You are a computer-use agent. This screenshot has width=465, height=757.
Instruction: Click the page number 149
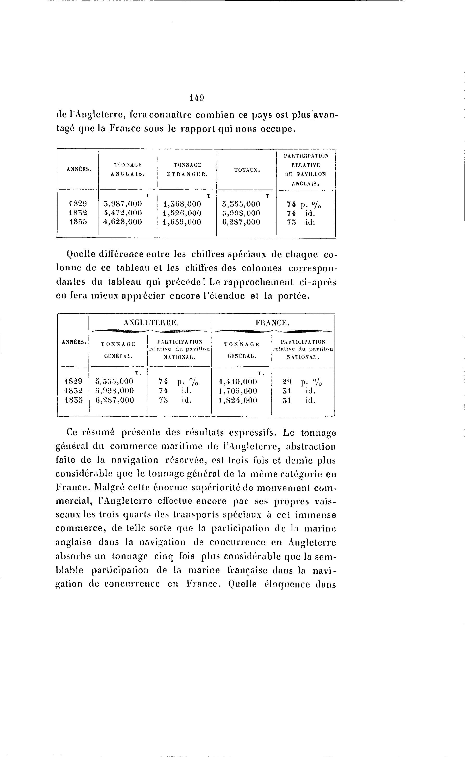click(x=197, y=98)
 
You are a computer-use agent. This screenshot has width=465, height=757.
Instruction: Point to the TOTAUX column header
click(x=247, y=169)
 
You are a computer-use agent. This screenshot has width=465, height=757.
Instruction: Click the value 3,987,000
click(x=123, y=204)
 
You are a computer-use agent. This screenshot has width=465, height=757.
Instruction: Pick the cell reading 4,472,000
click(x=123, y=213)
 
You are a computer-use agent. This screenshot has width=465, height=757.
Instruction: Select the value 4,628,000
click(x=123, y=222)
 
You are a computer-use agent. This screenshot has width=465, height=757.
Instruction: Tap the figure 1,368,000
click(x=182, y=204)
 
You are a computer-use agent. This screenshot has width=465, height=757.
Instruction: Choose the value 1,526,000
click(x=182, y=213)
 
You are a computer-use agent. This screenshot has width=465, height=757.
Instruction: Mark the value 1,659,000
click(x=182, y=222)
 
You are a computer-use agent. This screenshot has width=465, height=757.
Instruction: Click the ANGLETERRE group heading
click(x=151, y=322)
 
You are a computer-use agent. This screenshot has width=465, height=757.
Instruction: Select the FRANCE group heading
click(x=273, y=322)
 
